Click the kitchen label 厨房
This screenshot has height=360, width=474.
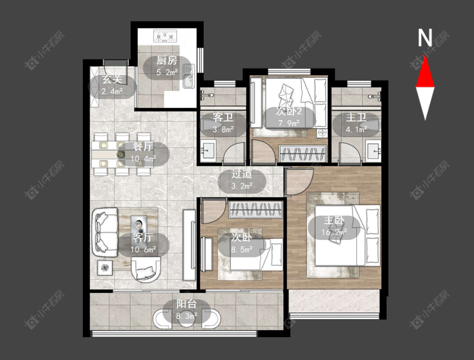(x=166, y=61)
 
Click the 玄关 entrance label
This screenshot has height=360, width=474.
(x=112, y=80)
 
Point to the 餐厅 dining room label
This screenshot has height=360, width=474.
(x=143, y=147)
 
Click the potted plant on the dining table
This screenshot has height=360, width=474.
(x=121, y=154)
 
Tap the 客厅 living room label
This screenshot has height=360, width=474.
(x=143, y=238)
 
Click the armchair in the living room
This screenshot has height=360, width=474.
(x=146, y=269)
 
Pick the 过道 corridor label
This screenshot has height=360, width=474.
(x=242, y=174)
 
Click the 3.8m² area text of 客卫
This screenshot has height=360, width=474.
(x=223, y=129)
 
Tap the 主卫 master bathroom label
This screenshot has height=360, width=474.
(x=356, y=117)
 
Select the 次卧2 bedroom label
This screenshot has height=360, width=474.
(x=289, y=112)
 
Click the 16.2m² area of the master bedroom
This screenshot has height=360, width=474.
(x=334, y=232)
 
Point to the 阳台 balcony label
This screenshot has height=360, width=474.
(x=187, y=304)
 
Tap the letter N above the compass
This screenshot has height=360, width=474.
(x=425, y=37)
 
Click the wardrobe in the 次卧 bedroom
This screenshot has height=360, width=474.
(x=256, y=210)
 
